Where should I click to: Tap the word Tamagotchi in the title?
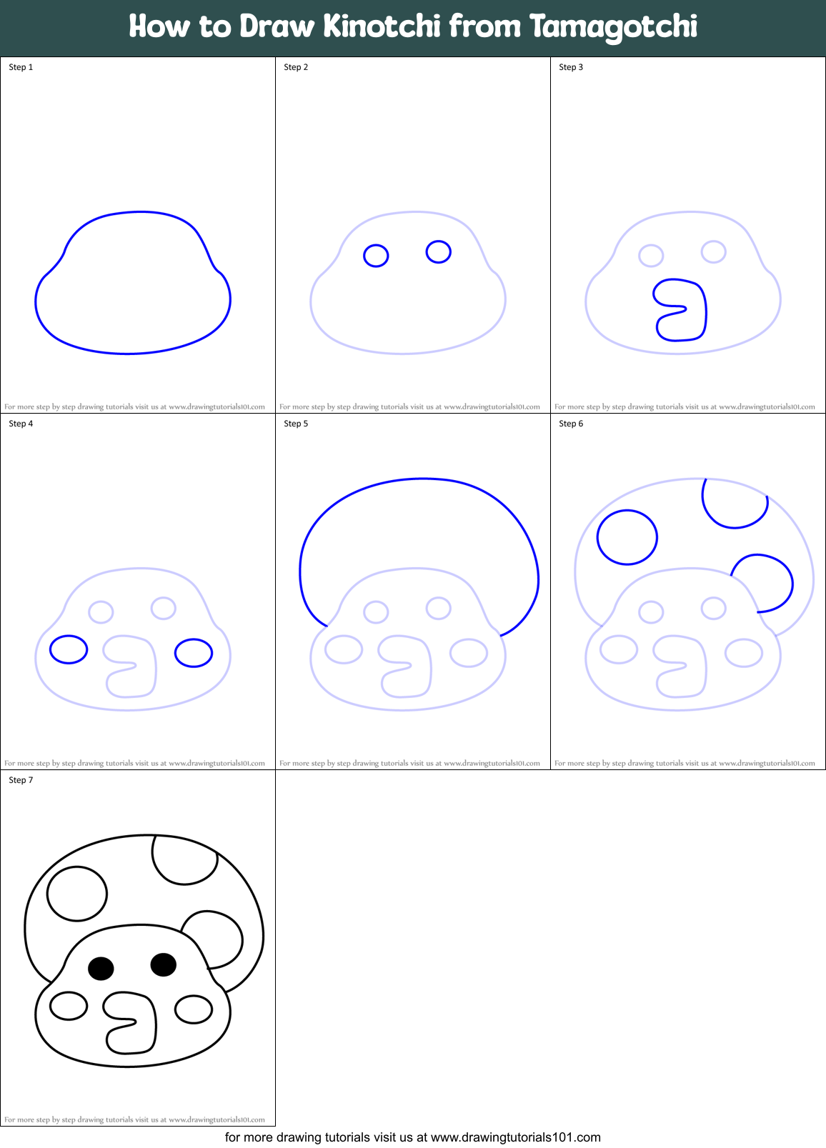click(x=613, y=26)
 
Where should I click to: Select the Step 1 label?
click(x=21, y=67)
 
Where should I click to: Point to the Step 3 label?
click(x=571, y=67)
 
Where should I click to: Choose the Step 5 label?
click(x=296, y=424)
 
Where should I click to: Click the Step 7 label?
click(x=21, y=780)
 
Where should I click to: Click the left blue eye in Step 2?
click(x=376, y=255)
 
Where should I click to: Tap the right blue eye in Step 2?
click(x=438, y=251)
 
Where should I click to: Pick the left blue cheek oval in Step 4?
click(x=69, y=649)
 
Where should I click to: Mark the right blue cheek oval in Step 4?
click(x=194, y=653)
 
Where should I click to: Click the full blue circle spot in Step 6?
click(x=627, y=537)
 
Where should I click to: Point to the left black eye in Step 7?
click(x=101, y=968)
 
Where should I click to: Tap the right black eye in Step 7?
click(x=164, y=964)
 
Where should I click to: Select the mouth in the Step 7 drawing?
click(x=131, y=1022)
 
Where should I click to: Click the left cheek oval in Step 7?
click(x=69, y=1006)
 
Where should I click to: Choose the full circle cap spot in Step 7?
click(x=77, y=894)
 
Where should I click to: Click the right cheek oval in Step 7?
click(x=194, y=1009)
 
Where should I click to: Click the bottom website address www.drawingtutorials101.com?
click(x=515, y=1137)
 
